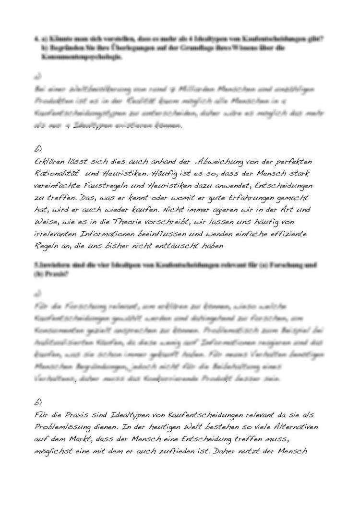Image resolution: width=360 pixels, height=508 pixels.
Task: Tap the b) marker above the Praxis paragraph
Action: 38,401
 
